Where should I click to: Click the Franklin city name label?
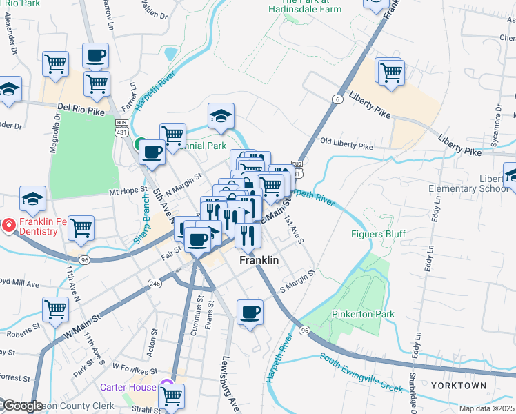coord(259,261)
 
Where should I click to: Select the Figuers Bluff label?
coord(377,233)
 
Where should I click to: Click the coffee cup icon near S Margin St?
coord(250,312)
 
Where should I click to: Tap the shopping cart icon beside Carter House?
coord(171,396)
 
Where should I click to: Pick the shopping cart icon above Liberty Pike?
coord(390,71)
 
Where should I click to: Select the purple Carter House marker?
coord(165,384)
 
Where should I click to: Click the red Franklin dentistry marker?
coord(8,225)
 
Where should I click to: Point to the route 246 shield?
coord(155,283)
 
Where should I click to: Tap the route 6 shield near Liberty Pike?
coord(337,99)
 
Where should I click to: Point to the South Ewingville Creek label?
coord(361,373)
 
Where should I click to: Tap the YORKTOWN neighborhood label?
coord(459,385)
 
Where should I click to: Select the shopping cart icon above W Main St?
coord(55,310)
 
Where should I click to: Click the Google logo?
coord(22,406)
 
